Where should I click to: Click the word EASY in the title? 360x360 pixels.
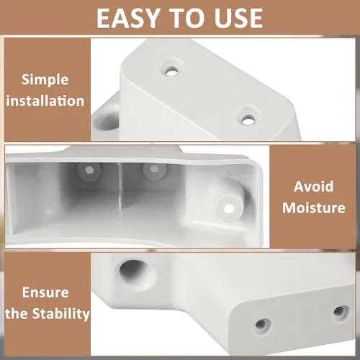point(128,18)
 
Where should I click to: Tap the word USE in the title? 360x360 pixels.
point(238,18)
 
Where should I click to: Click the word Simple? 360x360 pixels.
point(45,80)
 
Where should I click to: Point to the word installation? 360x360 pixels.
point(45,101)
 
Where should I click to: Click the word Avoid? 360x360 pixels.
point(314,186)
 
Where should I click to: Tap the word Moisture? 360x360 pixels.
point(314,207)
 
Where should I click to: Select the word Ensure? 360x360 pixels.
point(45,292)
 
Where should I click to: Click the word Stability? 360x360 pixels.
point(61,314)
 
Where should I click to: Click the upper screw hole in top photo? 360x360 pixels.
point(171,71)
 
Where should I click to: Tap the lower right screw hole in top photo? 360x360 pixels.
point(248,120)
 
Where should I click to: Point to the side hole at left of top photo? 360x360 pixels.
point(106,121)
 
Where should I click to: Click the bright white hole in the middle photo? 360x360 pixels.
point(229,209)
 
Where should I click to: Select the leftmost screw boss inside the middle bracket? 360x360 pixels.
point(89,171)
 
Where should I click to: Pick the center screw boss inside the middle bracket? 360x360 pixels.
point(155,170)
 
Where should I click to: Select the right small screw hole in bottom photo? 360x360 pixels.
point(339,312)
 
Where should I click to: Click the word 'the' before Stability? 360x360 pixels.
point(17,314)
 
